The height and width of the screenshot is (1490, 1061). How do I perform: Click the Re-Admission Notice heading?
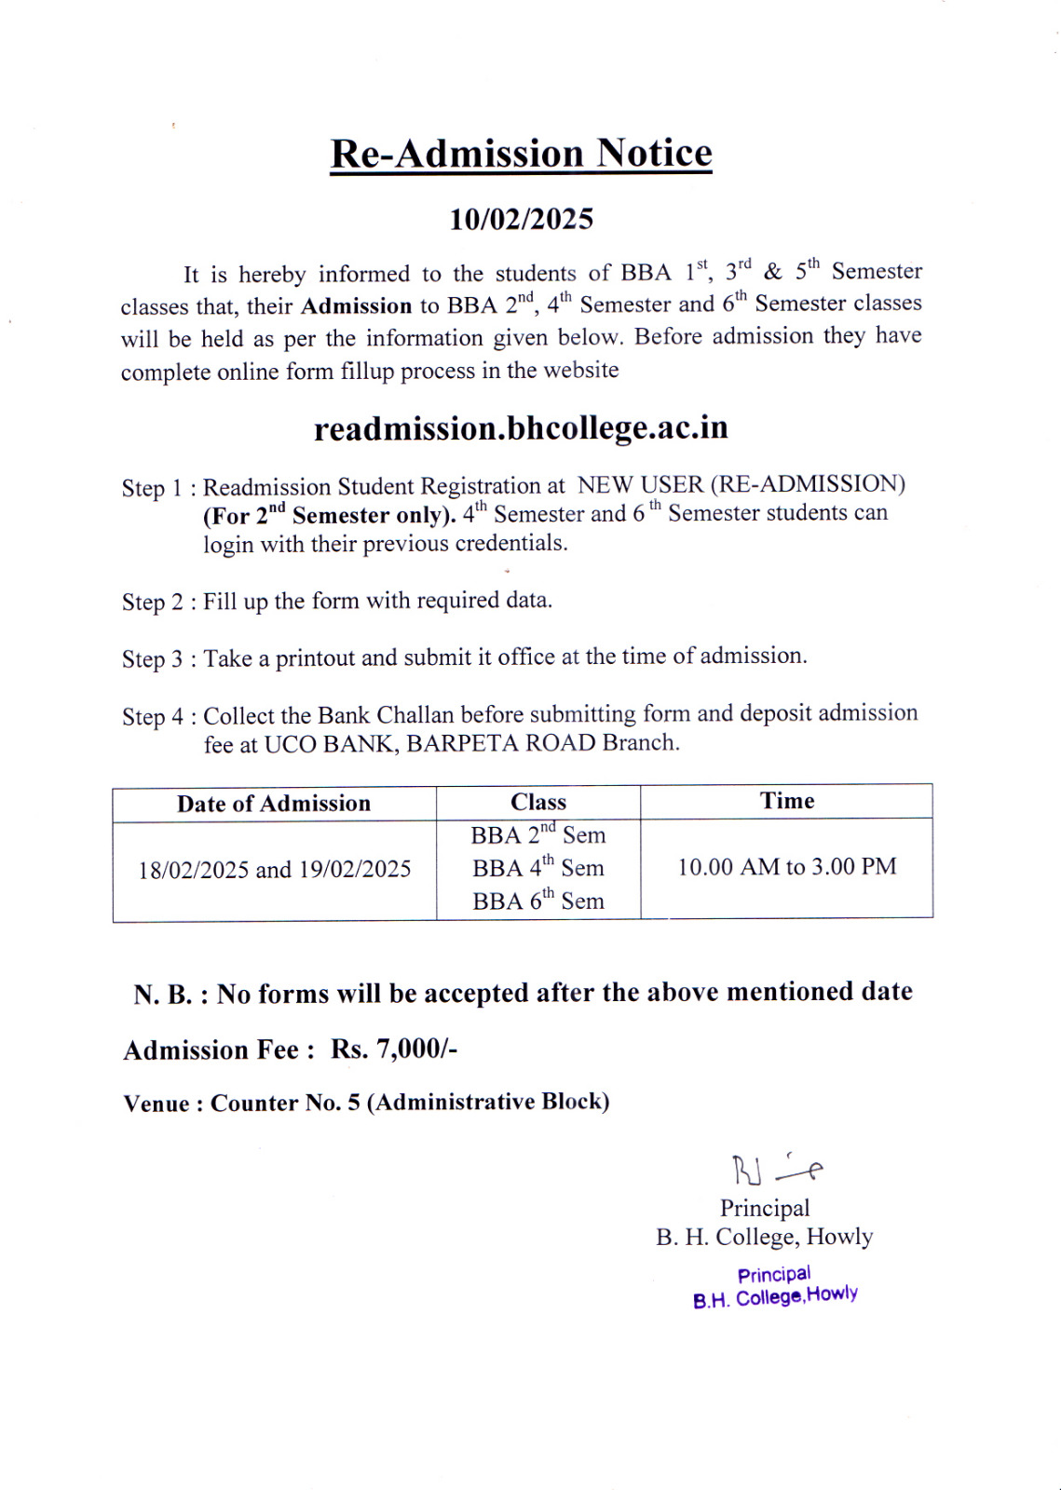point(521,154)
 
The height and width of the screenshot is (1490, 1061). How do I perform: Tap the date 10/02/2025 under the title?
point(521,220)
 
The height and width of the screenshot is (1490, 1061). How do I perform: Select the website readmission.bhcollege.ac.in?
point(521,428)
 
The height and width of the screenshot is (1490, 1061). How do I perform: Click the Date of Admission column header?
point(274,804)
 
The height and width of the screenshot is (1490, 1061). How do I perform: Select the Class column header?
point(537,802)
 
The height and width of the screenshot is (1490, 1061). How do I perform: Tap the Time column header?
point(786,801)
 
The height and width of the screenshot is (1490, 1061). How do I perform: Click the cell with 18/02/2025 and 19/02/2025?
point(274,870)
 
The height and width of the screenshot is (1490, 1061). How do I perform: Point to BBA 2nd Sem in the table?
point(537,834)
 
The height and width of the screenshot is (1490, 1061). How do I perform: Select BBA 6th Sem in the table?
point(537,901)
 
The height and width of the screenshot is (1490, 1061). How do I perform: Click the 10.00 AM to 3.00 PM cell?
point(786,867)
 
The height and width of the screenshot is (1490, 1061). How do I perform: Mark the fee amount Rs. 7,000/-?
point(393,1050)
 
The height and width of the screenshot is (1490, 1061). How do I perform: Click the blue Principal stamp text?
point(774,1275)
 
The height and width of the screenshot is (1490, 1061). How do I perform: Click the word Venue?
point(156,1104)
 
